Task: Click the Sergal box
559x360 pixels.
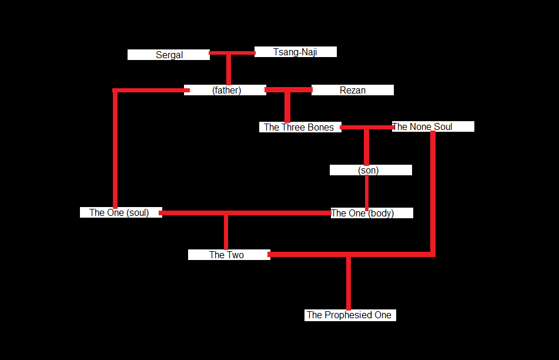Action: click(169, 55)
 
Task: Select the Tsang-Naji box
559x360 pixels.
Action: click(295, 52)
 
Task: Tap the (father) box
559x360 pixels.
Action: click(226, 90)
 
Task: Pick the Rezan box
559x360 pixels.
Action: click(353, 90)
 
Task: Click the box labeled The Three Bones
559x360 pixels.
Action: click(300, 127)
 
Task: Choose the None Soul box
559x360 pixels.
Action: click(433, 126)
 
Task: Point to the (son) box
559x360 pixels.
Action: click(370, 170)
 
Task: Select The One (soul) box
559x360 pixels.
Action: click(120, 212)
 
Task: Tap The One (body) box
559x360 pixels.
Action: click(371, 213)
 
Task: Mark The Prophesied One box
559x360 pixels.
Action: click(350, 315)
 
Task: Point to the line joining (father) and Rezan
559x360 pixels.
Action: click(288, 90)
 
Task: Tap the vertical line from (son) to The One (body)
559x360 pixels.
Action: click(367, 191)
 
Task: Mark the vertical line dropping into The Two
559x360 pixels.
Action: click(226, 232)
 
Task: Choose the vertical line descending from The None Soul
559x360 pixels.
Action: click(433, 194)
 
